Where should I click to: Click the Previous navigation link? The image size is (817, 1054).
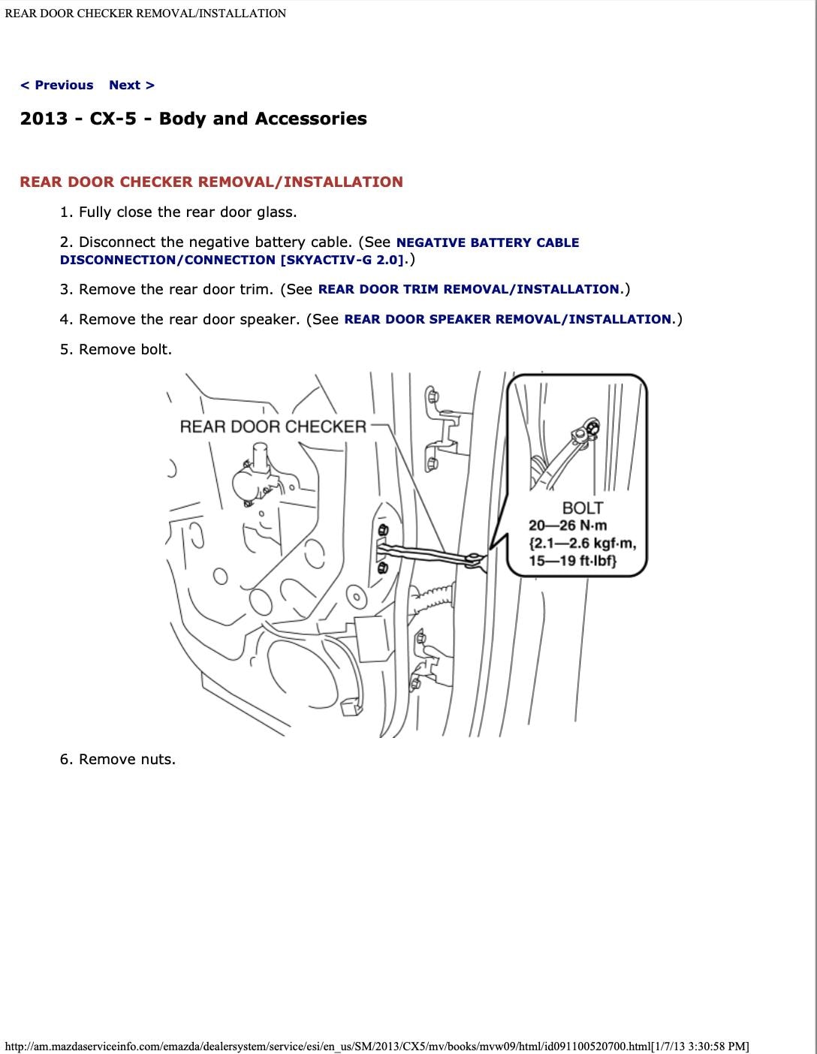(x=57, y=85)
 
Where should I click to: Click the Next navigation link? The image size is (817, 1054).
(x=131, y=85)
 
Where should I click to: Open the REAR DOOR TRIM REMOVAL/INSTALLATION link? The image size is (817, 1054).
(x=469, y=289)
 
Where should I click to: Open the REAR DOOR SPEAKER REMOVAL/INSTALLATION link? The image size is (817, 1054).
(x=508, y=319)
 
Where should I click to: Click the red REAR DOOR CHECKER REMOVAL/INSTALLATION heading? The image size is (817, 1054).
(x=211, y=182)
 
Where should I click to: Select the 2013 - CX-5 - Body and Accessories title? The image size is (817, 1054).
(x=193, y=119)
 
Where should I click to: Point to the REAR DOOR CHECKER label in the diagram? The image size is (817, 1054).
(x=273, y=426)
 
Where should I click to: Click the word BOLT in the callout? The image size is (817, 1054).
(x=583, y=508)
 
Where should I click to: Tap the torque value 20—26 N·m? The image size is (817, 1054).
(x=568, y=525)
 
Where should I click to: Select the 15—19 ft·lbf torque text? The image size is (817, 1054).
(x=572, y=561)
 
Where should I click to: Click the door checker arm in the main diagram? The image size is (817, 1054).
(x=428, y=555)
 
